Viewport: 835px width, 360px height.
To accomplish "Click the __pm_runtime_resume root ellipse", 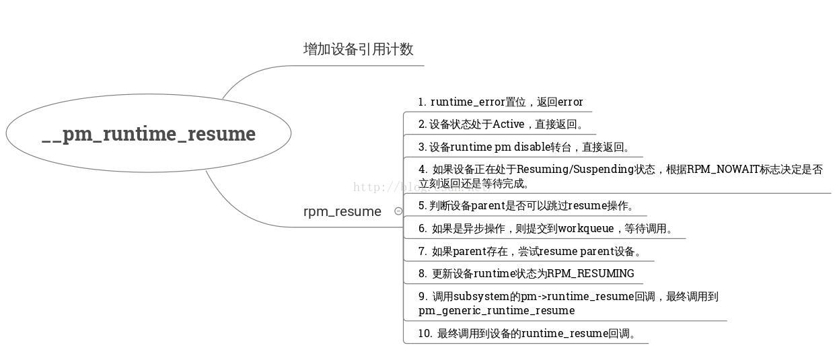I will pyautogui.click(x=149, y=133).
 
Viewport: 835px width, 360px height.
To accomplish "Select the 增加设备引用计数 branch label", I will pyautogui.click(x=358, y=49).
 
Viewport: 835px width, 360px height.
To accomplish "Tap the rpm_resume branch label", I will pyautogui.click(x=342, y=211).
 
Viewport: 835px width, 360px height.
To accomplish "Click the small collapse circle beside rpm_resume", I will pyautogui.click(x=398, y=211).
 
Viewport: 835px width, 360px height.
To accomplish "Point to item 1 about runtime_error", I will pyautogui.click(x=500, y=102).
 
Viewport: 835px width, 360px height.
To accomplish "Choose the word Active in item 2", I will pyautogui.click(x=508, y=124).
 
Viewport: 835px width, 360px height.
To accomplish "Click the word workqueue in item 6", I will pyautogui.click(x=585, y=229).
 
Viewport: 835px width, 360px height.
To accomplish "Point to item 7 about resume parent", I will pyautogui.click(x=536, y=252).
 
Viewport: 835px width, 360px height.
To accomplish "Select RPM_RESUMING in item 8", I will pyautogui.click(x=590, y=274).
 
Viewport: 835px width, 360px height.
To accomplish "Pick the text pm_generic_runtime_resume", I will pyautogui.click(x=497, y=311).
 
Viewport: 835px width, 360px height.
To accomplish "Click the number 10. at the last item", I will pyautogui.click(x=425, y=333).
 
